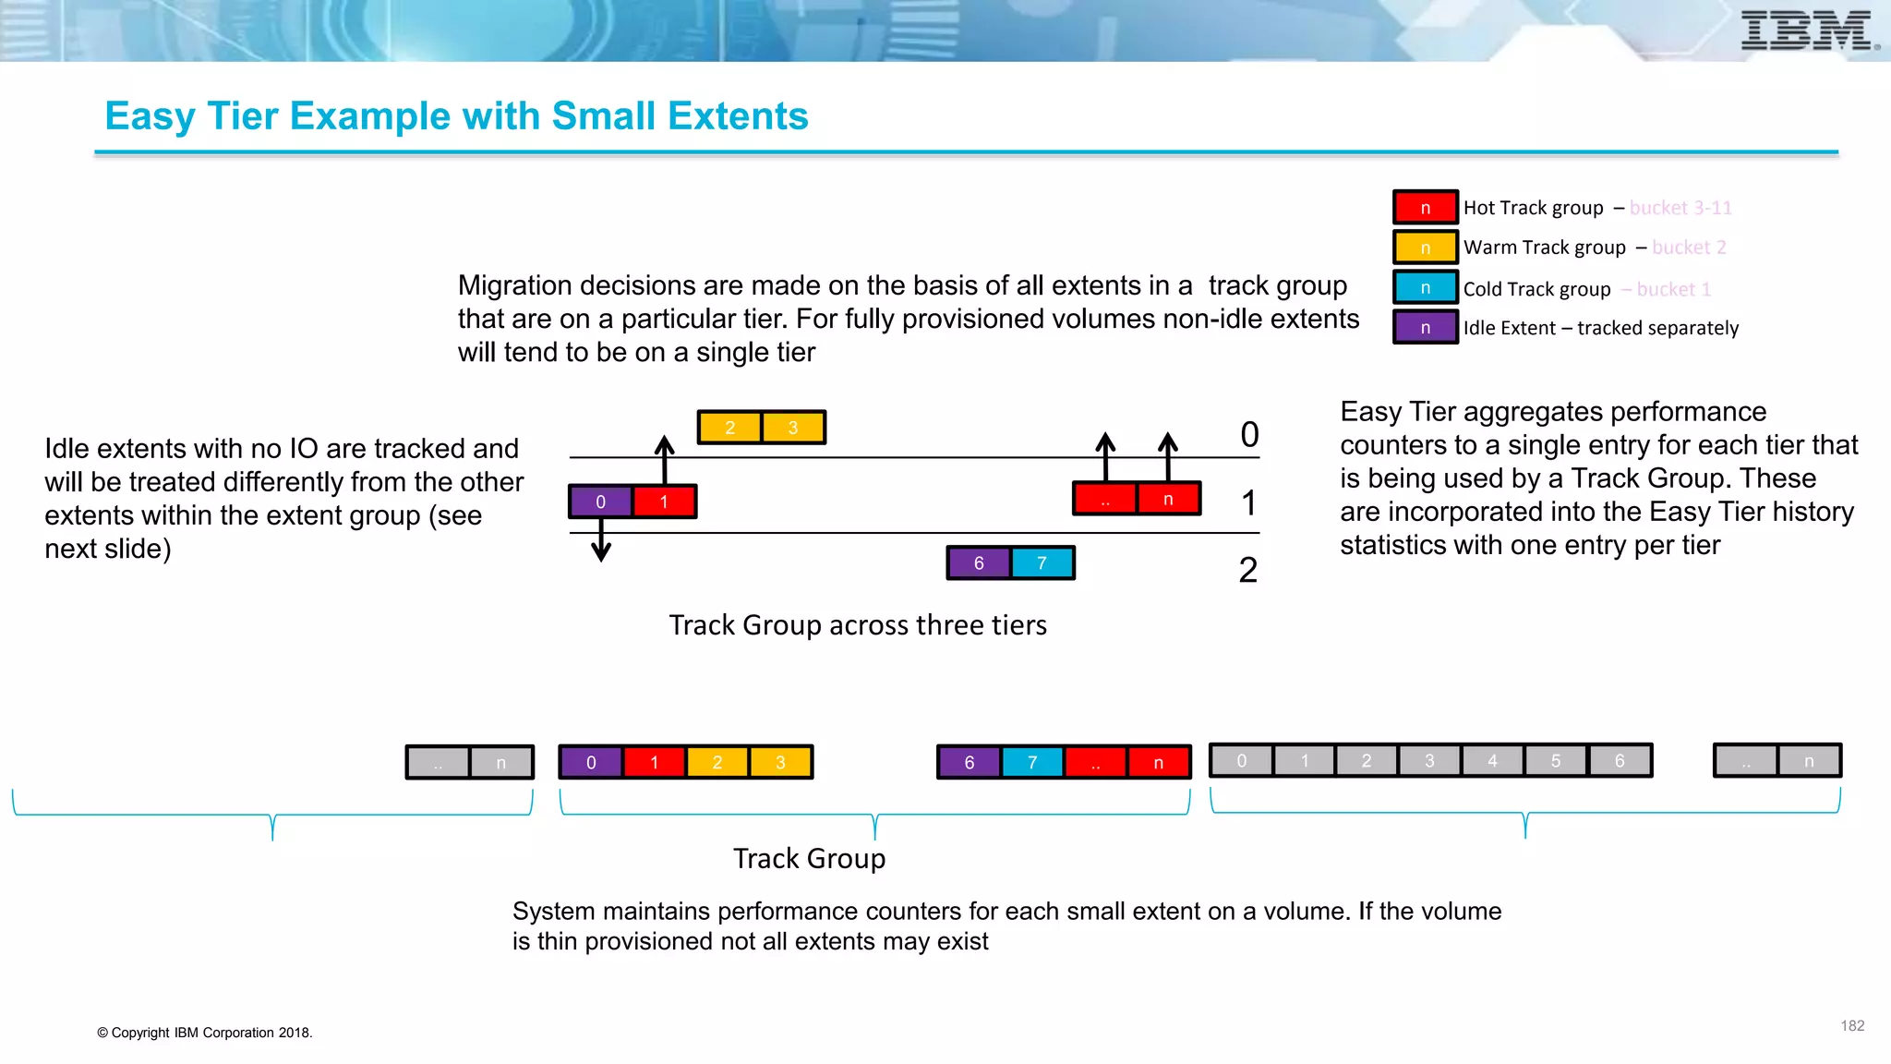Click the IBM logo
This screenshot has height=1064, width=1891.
(x=1807, y=30)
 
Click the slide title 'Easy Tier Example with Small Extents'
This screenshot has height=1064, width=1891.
(x=456, y=116)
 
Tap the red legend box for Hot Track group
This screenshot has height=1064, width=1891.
(x=1425, y=208)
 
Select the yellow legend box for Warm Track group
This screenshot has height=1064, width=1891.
(x=1425, y=248)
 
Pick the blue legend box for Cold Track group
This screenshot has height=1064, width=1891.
(x=1425, y=288)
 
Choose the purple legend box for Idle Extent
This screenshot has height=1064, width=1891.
(x=1425, y=328)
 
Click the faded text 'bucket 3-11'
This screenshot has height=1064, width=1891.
(x=1680, y=208)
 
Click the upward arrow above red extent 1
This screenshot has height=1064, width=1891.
(x=664, y=458)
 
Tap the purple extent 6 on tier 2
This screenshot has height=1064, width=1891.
(x=979, y=563)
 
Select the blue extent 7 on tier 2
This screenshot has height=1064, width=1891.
(x=1042, y=563)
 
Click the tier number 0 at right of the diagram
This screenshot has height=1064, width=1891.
(x=1249, y=435)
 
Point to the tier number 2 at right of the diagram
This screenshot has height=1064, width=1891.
(x=1248, y=570)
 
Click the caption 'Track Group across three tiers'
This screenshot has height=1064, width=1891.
(x=858, y=625)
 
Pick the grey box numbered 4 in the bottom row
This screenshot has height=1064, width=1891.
(x=1493, y=761)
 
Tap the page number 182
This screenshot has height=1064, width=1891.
(x=1852, y=1026)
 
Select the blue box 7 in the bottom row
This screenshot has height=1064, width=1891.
(x=1032, y=763)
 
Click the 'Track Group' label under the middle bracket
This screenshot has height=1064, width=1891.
(x=809, y=859)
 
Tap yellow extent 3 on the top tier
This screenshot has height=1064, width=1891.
(x=793, y=428)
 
